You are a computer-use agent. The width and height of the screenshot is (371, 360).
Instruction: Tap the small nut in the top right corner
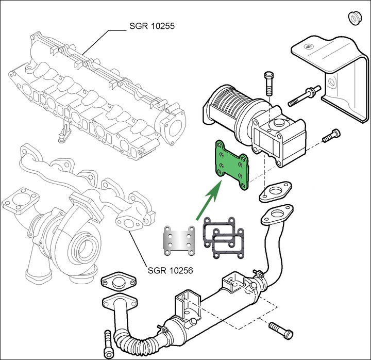tap(355, 18)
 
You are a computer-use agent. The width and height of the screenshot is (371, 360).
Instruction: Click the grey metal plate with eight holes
tap(179, 240)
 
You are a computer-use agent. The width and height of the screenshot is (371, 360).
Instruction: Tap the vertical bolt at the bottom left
tap(108, 340)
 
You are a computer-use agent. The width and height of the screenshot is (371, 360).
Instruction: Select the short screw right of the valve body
tap(330, 137)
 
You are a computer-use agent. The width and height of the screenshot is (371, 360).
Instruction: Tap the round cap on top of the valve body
tap(279, 123)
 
